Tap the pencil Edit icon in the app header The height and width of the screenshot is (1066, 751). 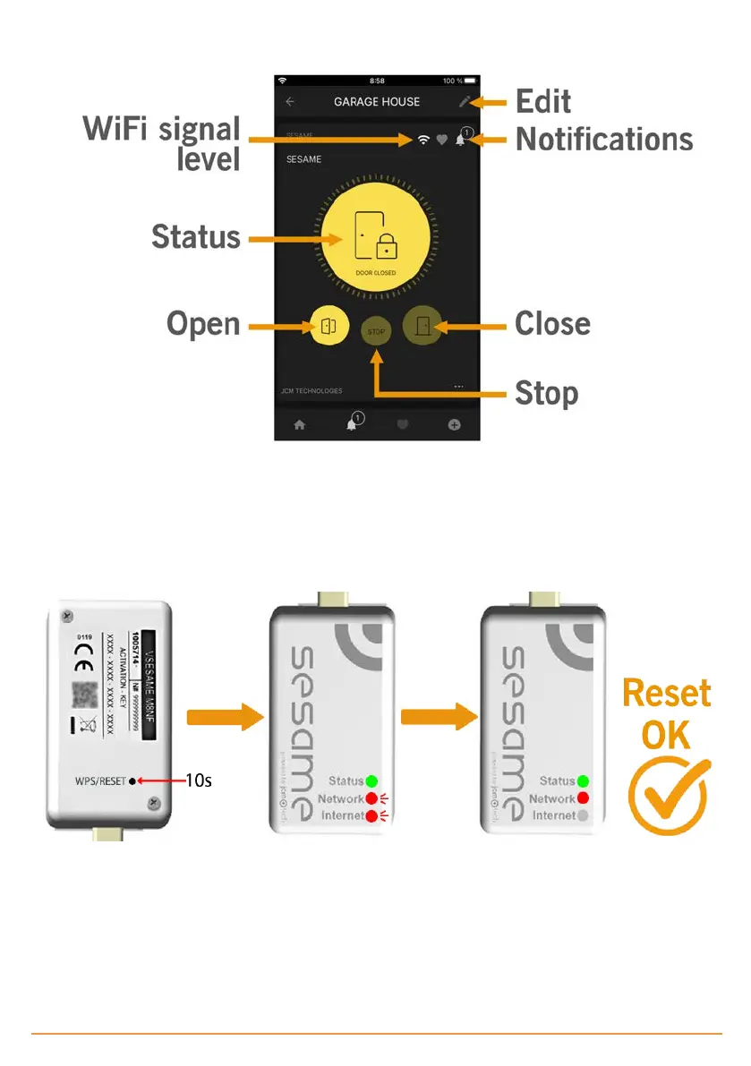click(x=464, y=102)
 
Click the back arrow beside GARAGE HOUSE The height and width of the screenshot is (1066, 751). click(x=290, y=102)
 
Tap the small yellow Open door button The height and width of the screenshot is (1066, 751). click(x=327, y=326)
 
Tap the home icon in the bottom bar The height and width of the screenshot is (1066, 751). click(x=299, y=425)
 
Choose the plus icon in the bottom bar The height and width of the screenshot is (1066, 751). click(x=454, y=425)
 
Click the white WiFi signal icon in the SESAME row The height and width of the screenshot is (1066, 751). click(x=422, y=140)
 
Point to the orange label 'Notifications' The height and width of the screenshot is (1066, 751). click(x=604, y=140)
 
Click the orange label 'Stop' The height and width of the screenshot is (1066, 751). click(x=546, y=394)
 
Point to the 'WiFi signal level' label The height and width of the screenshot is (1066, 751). click(x=163, y=144)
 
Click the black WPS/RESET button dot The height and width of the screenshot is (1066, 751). click(x=133, y=780)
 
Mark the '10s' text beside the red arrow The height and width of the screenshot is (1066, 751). click(x=198, y=780)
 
